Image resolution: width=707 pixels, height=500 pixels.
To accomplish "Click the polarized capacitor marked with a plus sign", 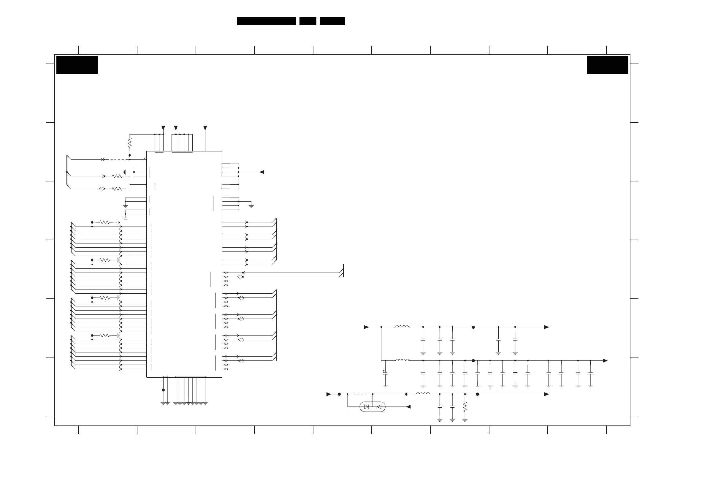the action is click(385, 374).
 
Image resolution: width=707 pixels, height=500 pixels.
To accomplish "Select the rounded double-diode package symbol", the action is click(372, 407).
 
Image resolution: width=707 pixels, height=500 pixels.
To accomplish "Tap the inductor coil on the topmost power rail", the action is click(402, 327).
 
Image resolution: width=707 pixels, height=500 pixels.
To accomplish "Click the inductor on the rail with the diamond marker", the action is click(423, 393).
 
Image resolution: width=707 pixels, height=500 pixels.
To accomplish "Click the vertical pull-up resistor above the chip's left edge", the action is click(130, 143).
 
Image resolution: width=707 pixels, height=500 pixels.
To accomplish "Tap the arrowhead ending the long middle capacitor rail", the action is click(605, 361).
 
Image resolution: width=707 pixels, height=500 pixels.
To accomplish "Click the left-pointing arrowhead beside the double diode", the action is click(408, 407).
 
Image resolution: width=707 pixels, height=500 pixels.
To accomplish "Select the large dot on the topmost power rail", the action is click(473, 327).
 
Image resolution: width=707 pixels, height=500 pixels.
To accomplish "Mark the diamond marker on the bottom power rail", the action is click(406, 394).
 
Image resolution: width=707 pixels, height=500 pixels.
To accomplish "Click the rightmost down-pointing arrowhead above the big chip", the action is click(205, 128).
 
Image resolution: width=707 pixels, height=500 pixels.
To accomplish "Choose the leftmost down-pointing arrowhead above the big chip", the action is click(163, 128).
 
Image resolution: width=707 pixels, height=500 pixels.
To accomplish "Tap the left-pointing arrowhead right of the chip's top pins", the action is click(262, 172).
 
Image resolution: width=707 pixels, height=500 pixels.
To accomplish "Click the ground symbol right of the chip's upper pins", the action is click(251, 206).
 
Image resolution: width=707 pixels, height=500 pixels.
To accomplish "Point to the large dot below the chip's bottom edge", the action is click(163, 390).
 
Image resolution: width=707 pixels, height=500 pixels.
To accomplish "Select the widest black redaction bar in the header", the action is click(266, 21).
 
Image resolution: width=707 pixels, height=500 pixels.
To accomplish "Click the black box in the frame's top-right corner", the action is click(607, 65).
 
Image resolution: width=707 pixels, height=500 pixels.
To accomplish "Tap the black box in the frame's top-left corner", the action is click(77, 65).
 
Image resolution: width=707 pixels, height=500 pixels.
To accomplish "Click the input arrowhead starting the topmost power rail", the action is click(367, 327).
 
